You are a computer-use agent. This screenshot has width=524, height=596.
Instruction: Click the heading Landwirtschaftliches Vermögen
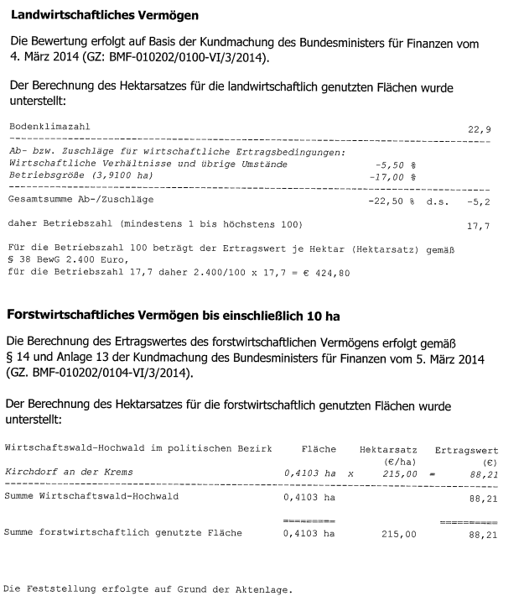pyautogui.click(x=108, y=15)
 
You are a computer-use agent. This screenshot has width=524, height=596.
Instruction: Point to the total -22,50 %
pyautogui.click(x=392, y=201)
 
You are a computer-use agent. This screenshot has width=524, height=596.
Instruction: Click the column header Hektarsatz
pyautogui.click(x=388, y=450)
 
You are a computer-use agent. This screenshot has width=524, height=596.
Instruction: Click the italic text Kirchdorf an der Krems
pyautogui.click(x=69, y=472)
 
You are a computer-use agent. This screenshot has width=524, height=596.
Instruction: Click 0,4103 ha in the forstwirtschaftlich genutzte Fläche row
pyautogui.click(x=310, y=532)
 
